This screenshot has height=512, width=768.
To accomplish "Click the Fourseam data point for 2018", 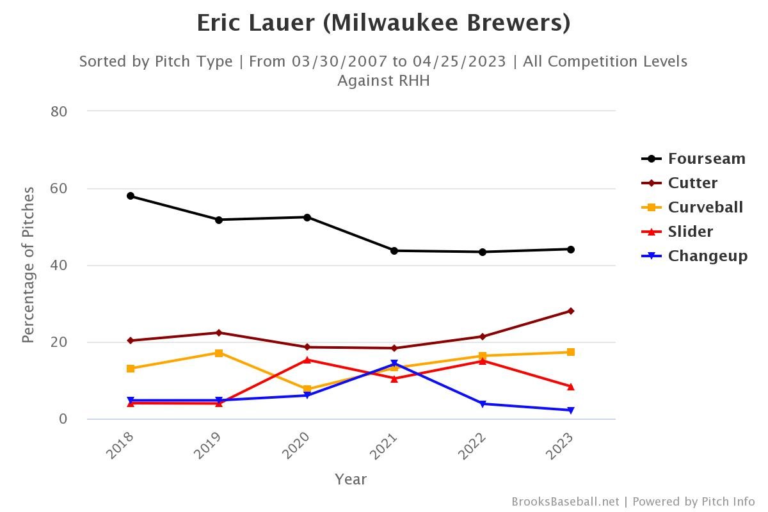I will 131,196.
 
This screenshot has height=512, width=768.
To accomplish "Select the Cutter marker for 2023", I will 570,311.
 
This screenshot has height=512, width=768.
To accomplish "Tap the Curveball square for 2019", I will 219,353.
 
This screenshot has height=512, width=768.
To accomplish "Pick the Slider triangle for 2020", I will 307,360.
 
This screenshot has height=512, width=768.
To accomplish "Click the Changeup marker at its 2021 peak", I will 394,364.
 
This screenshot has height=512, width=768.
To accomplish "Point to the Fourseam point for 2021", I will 394,251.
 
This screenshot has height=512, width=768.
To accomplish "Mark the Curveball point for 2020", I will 307,389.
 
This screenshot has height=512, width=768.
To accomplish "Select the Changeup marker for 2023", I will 570,410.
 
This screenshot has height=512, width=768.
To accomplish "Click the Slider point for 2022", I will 483,361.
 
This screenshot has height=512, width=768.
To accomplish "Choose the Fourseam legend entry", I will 706,159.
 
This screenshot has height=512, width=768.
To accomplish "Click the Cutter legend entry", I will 692,183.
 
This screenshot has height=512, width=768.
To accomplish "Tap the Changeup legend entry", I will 707,256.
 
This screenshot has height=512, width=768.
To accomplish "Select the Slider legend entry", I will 690,232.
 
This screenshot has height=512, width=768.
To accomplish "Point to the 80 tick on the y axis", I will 59,111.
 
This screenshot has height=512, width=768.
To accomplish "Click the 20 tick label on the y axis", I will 59,342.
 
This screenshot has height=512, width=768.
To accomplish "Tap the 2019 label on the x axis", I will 209,445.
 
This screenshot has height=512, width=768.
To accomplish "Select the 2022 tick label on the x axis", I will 473,445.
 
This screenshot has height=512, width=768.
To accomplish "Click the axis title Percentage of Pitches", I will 28,265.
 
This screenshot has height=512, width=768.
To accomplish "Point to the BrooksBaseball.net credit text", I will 565,502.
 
